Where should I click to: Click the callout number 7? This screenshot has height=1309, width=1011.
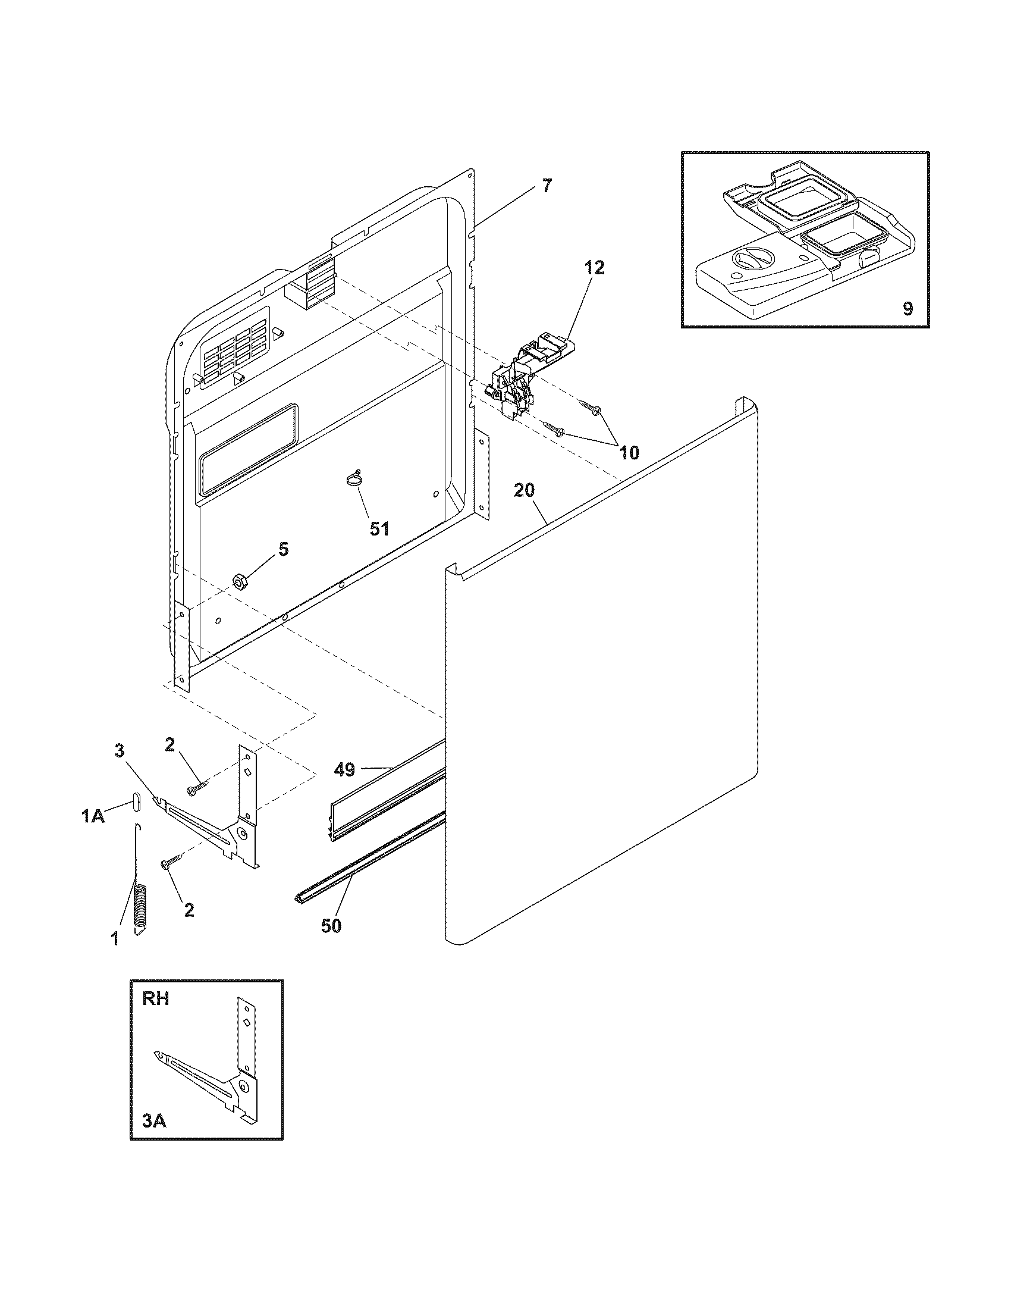(x=545, y=186)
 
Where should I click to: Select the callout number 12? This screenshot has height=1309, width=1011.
(x=594, y=267)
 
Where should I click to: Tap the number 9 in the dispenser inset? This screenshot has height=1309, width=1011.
(x=908, y=309)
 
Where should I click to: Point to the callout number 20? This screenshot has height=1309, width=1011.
(x=524, y=491)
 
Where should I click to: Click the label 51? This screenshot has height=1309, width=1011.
(x=379, y=528)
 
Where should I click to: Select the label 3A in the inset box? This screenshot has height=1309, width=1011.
(x=154, y=1119)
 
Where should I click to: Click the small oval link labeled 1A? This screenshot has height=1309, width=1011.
(x=136, y=800)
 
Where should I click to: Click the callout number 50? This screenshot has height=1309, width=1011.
(x=331, y=925)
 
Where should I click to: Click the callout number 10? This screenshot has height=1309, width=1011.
(x=628, y=453)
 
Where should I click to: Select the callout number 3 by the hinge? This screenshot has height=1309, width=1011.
(x=119, y=750)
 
